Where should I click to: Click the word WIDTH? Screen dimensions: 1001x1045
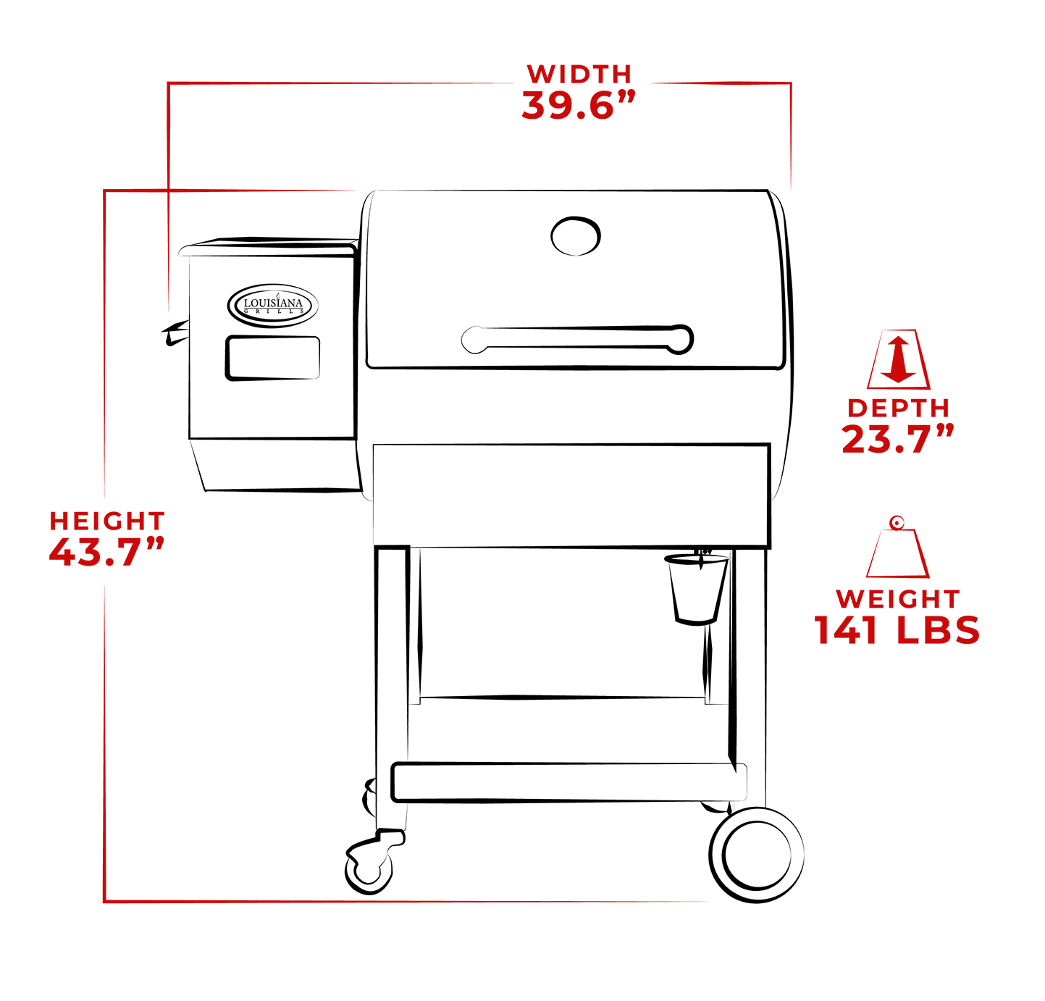coord(579,74)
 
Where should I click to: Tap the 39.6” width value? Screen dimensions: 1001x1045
coord(578,106)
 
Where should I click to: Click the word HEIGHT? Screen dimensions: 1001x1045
coord(107,521)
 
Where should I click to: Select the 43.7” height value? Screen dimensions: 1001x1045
coord(106,553)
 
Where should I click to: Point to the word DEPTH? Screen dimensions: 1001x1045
coord(898,408)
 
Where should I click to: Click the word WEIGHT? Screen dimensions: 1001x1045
coord(898,599)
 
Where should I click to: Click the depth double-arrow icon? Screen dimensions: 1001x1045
coord(899,359)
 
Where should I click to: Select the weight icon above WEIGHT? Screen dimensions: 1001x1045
coord(898,548)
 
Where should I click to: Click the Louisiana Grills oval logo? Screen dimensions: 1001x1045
coord(273,305)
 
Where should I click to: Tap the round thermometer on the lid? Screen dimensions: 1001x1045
coord(576,235)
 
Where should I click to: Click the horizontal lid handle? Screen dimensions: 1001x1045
coord(577,339)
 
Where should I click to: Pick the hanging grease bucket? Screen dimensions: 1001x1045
coord(696,587)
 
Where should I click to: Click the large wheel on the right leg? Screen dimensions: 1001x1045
coord(757,855)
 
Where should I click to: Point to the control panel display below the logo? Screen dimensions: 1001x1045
coord(272,358)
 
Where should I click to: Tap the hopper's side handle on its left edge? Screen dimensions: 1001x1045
coord(175,333)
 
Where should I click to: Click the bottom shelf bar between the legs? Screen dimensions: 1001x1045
coord(568,782)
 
